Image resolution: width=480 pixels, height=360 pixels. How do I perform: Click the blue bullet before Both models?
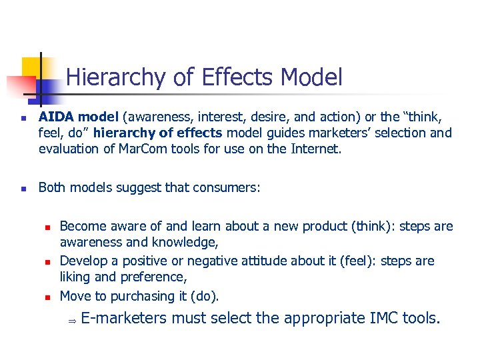(23, 189)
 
